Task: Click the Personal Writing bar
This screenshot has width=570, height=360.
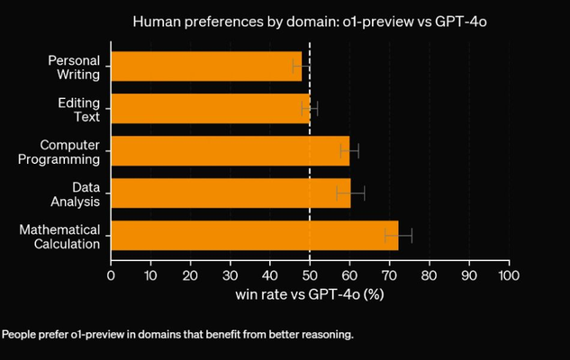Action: coord(205,67)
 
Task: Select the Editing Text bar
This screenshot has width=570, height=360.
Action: coord(210,109)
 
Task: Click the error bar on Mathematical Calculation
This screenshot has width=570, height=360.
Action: coord(398,235)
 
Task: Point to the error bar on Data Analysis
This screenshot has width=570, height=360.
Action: coord(351,193)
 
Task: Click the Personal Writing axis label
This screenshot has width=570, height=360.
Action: coord(74,67)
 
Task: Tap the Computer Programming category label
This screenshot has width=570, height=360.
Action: coord(69,151)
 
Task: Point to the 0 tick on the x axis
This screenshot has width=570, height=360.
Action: coord(111,274)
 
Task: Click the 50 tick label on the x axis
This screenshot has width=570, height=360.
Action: coord(310,274)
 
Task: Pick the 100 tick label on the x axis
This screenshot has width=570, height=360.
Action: coord(509,274)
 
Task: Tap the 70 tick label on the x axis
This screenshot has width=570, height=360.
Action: coord(389,274)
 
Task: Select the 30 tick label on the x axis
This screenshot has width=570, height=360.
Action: coord(231,274)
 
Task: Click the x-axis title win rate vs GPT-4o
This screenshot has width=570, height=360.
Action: coord(310,294)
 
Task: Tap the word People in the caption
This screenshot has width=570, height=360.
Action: coord(18,335)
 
